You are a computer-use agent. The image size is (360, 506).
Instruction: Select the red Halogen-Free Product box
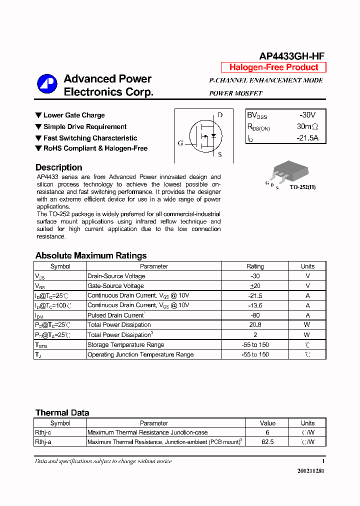click(x=273, y=67)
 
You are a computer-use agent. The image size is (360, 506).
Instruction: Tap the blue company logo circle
click(x=47, y=84)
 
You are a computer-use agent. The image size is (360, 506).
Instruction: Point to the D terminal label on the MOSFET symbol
click(x=220, y=115)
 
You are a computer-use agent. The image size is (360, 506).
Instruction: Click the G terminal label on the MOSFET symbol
click(x=180, y=143)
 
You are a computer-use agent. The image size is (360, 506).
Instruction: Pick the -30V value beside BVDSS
click(x=307, y=115)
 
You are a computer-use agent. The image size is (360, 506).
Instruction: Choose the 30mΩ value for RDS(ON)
click(x=307, y=126)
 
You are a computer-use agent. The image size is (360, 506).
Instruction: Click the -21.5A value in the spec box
click(x=307, y=138)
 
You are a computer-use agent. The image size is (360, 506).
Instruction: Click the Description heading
click(x=58, y=167)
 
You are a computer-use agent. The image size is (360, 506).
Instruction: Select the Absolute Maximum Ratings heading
click(x=91, y=255)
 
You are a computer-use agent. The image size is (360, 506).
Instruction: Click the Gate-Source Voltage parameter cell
click(x=115, y=286)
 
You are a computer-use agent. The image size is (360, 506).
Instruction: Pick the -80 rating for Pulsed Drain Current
click(x=255, y=315)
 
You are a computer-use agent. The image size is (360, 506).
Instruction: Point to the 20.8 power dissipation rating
click(x=255, y=325)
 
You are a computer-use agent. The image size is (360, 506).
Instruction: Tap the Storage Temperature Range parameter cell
click(x=125, y=344)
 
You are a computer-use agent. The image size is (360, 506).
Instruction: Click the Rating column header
click(x=255, y=266)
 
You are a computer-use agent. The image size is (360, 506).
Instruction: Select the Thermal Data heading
click(x=62, y=412)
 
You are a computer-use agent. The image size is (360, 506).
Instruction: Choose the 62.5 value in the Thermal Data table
click(x=267, y=442)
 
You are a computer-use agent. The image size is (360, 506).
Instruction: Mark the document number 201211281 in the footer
click(x=310, y=471)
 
